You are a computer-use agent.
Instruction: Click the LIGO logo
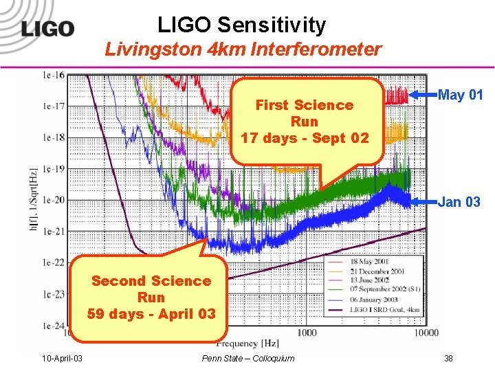tap(47, 29)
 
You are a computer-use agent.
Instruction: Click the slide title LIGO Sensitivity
tap(241, 25)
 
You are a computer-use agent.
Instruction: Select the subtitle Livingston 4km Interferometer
tap(243, 49)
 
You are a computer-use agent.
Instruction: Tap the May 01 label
tap(460, 95)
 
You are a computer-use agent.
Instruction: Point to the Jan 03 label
tap(459, 201)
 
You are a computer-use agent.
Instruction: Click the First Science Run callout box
tap(305, 122)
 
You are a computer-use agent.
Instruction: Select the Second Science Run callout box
tap(151, 297)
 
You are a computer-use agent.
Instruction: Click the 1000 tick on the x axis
tap(307, 333)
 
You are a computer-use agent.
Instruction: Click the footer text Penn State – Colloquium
tap(248, 358)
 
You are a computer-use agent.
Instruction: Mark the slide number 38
tap(449, 358)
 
